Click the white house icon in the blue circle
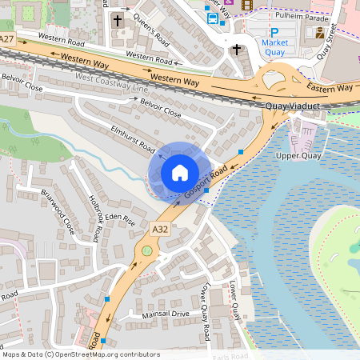click(180, 172)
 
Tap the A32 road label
click(161, 229)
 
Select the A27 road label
click(6, 38)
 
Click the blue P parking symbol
click(274, 33)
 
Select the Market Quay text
click(274, 47)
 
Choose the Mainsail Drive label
click(164, 314)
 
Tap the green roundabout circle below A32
click(146, 252)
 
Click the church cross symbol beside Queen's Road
click(118, 19)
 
